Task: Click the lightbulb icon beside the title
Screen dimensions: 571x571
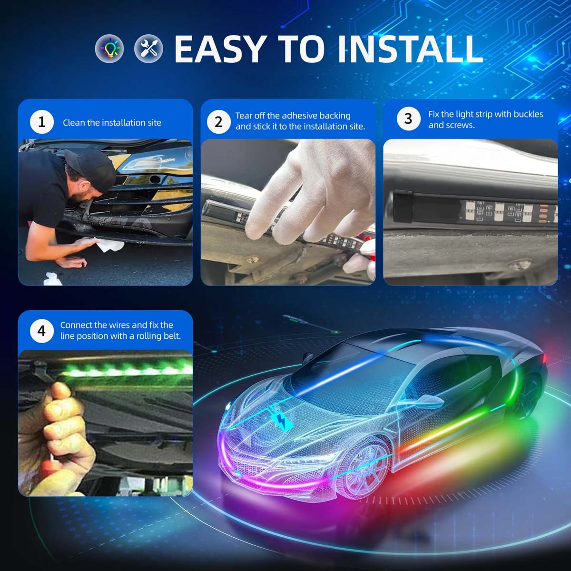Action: [x=109, y=49]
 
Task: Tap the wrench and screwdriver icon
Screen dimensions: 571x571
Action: [x=148, y=49]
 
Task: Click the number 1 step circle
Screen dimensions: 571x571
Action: [x=42, y=122]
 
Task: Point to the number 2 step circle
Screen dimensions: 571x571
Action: [x=219, y=122]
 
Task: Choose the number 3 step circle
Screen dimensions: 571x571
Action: [x=409, y=118]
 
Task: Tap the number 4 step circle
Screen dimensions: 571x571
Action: [x=42, y=331]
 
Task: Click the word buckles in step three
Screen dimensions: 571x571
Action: [x=528, y=114]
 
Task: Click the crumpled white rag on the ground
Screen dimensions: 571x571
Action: [x=52, y=279]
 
